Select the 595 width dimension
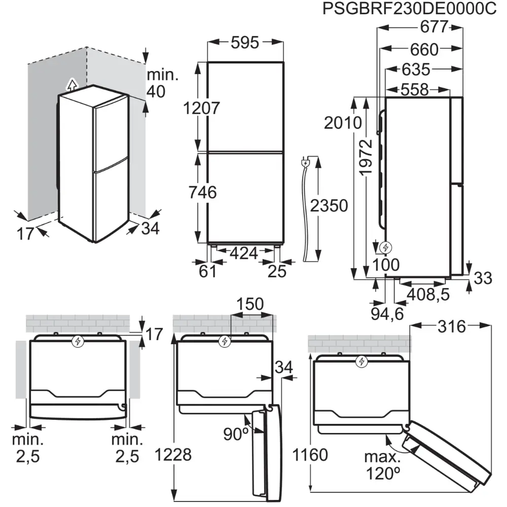point(245,43)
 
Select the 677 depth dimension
point(434,26)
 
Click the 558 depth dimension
point(414,89)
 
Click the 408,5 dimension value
point(428,295)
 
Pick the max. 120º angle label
point(382,465)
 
